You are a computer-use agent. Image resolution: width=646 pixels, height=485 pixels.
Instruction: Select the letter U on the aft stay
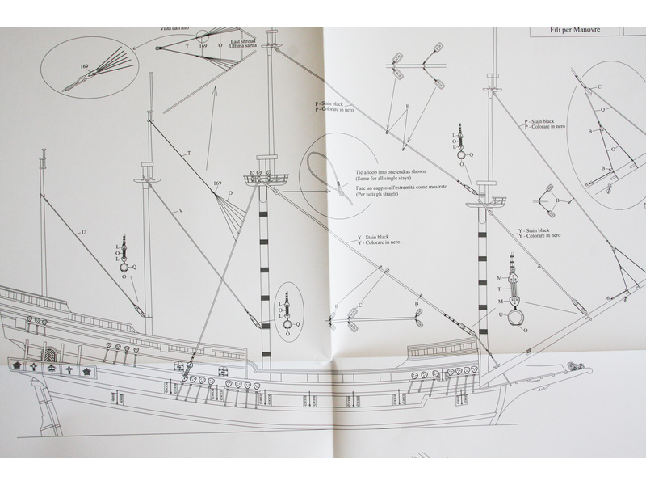82,232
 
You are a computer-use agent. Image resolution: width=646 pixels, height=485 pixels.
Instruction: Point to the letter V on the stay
180,209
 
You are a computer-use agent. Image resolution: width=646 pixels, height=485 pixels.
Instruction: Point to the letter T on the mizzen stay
188,152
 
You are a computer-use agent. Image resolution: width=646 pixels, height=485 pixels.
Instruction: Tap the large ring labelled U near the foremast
517,318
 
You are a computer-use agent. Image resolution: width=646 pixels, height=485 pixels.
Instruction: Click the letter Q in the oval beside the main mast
298,323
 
